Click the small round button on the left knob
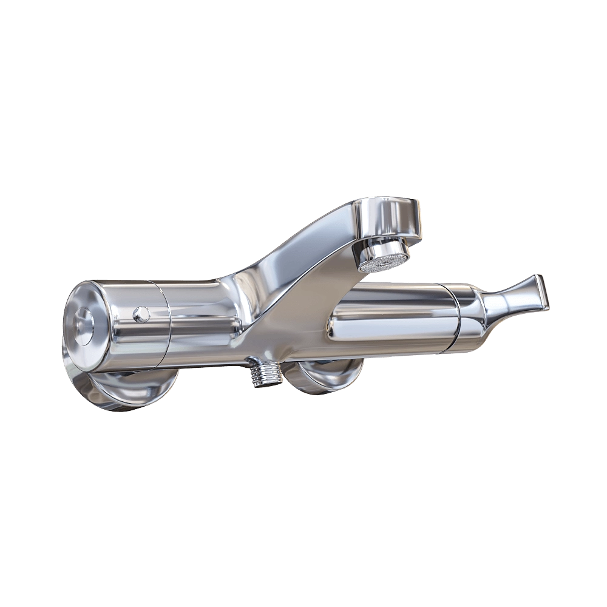(x=141, y=313)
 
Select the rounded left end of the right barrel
(x=335, y=322)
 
